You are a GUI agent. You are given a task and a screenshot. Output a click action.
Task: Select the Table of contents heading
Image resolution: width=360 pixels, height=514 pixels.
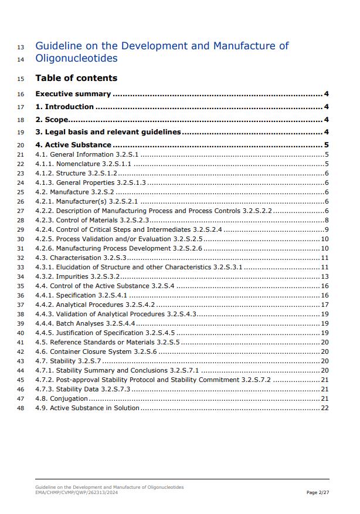click(x=76, y=78)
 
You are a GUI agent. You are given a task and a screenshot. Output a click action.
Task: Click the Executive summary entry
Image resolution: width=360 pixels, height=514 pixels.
click(x=73, y=94)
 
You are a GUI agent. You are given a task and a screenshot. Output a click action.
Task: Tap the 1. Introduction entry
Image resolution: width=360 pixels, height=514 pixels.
click(x=64, y=107)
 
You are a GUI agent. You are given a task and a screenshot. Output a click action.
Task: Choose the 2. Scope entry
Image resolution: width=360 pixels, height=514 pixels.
click(x=53, y=120)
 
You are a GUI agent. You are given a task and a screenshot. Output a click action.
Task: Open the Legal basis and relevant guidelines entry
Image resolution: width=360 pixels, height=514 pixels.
click(x=108, y=132)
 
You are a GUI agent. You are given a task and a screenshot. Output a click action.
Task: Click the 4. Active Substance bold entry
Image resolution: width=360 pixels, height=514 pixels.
click(x=73, y=145)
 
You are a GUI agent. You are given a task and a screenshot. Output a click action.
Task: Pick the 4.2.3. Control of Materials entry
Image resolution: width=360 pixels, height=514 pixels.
click(x=92, y=220)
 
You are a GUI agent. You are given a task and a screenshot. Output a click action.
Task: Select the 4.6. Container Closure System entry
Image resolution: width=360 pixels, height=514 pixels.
click(x=96, y=351)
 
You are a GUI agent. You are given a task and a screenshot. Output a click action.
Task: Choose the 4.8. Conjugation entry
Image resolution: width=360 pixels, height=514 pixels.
click(x=62, y=398)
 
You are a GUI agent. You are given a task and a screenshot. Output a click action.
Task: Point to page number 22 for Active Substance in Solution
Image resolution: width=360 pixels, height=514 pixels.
click(x=325, y=408)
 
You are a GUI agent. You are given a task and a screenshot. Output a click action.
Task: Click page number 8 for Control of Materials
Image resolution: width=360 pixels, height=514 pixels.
click(x=327, y=220)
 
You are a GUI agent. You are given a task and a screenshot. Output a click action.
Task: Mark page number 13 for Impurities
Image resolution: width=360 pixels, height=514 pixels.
click(x=325, y=276)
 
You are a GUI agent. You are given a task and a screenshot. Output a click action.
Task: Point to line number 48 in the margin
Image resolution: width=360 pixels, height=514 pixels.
click(x=21, y=408)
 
